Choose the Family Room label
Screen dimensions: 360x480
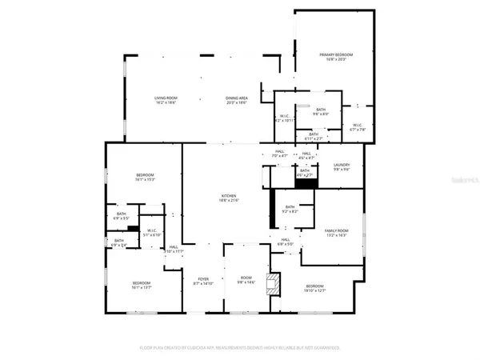point(336,233)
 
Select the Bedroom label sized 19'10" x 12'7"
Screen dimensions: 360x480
point(314,288)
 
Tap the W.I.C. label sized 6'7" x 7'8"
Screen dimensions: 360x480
point(358,127)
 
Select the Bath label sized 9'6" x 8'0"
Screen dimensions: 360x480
point(320,111)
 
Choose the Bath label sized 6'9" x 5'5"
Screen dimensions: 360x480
point(121,215)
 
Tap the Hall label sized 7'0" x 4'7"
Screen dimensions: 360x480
point(280,154)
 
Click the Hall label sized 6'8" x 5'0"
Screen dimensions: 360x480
point(286,241)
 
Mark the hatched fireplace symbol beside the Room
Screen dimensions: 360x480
point(274,283)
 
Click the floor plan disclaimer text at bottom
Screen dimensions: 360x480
point(240,348)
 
